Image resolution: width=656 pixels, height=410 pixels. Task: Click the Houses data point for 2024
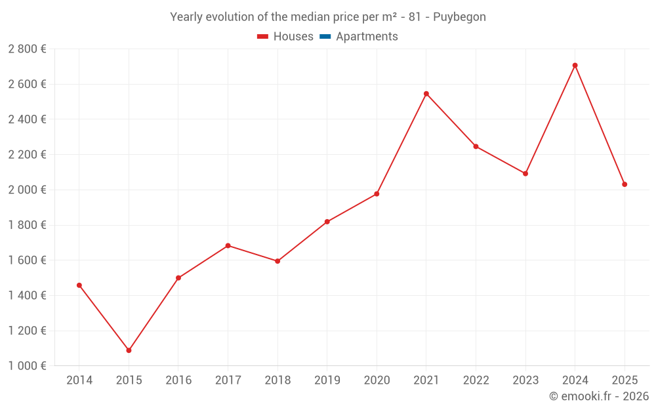[x=575, y=66]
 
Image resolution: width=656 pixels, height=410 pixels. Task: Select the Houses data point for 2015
[x=129, y=350]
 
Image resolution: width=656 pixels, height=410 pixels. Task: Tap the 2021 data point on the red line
[x=426, y=94]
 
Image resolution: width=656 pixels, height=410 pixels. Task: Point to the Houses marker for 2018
[x=277, y=261]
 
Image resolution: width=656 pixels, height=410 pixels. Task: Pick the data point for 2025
[x=625, y=184]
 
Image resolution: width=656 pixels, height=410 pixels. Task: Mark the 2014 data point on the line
[x=79, y=285]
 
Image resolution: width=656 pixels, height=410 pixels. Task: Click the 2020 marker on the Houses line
[x=377, y=194]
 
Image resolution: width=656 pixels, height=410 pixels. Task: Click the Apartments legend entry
[x=367, y=37]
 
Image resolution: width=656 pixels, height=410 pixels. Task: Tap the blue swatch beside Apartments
[x=325, y=37]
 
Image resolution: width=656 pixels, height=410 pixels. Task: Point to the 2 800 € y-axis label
[x=27, y=49]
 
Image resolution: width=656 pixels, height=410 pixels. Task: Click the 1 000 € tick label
[x=27, y=366]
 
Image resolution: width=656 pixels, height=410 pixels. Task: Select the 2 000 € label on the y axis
[x=27, y=190]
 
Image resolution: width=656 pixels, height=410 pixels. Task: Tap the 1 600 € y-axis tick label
[x=27, y=260]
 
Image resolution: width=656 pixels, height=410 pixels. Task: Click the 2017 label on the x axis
[x=228, y=380]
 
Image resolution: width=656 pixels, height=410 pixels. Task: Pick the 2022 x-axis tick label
[x=476, y=380]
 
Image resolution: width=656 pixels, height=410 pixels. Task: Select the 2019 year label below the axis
[x=327, y=380]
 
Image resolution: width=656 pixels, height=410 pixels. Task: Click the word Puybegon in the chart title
[x=459, y=17]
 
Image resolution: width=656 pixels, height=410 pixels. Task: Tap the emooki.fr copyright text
[x=598, y=396]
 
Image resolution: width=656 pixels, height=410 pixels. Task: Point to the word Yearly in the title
[x=186, y=17]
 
